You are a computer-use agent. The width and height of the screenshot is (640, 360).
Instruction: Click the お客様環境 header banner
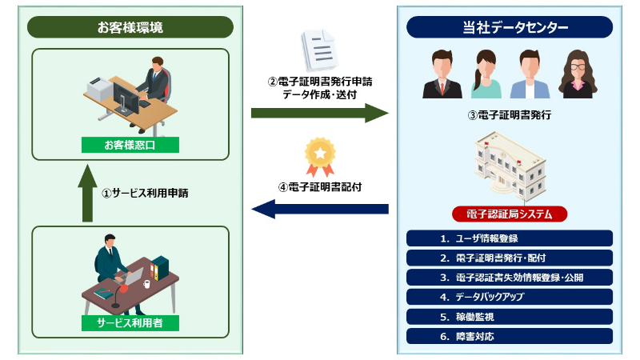pyautogui.click(x=130, y=27)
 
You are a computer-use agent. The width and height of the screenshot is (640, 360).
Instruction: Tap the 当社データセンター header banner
pyautogui.click(x=510, y=27)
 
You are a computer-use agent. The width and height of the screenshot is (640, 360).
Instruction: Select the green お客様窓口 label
pyautogui.click(x=130, y=145)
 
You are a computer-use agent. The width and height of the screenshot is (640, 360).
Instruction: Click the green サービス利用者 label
pyautogui.click(x=130, y=323)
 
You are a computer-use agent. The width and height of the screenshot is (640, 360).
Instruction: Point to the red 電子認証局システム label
pyautogui.click(x=510, y=214)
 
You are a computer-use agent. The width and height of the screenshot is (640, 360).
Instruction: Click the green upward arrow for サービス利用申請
pyautogui.click(x=87, y=194)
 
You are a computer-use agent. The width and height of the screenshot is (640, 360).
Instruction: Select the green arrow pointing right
pyautogui.click(x=319, y=113)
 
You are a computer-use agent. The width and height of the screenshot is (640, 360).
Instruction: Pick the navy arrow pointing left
pyautogui.click(x=319, y=209)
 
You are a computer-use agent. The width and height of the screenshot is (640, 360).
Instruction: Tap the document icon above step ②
pyautogui.click(x=320, y=50)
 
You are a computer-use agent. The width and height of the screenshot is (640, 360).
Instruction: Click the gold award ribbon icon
pyautogui.click(x=321, y=157)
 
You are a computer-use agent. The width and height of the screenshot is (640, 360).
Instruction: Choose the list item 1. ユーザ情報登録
pyautogui.click(x=510, y=238)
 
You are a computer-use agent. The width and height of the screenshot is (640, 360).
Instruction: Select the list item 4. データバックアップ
pyautogui.click(x=510, y=297)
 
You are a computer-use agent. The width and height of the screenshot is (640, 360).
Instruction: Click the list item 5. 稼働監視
pyautogui.click(x=510, y=317)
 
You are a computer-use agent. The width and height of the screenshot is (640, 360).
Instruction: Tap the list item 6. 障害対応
pyautogui.click(x=510, y=336)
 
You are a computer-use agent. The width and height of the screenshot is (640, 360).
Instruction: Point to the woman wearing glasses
pyautogui.click(x=578, y=74)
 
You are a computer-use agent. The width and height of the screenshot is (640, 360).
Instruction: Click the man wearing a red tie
pyautogui.click(x=442, y=74)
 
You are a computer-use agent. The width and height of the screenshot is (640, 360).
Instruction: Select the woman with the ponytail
pyautogui.click(x=486, y=74)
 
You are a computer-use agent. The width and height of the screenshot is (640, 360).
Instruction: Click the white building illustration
pyautogui.click(x=510, y=166)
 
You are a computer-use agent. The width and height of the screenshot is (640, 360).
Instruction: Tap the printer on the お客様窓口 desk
pyautogui.click(x=99, y=89)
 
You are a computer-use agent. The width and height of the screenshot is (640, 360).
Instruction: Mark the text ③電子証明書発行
pyautogui.click(x=510, y=115)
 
